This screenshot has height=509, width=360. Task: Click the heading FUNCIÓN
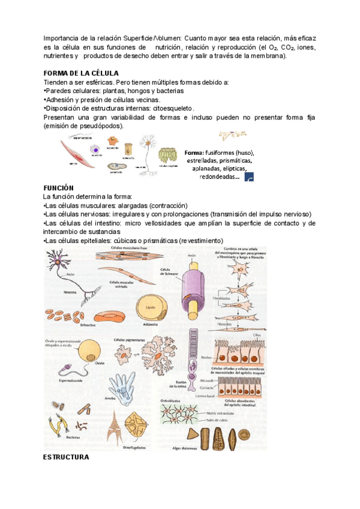[58, 187]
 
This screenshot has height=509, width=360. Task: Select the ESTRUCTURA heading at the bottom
[66, 457]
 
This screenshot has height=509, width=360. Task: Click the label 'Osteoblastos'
[172, 399]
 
